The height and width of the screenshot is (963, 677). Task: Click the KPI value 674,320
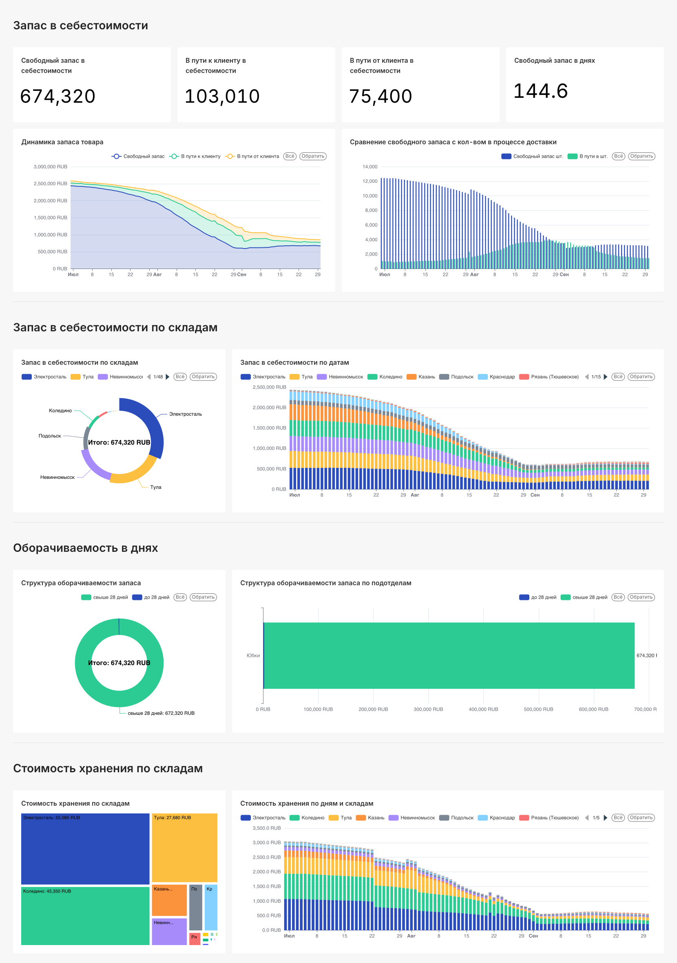pos(58,97)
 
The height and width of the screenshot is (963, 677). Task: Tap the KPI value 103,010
pos(222,97)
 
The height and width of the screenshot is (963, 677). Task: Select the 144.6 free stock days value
pos(541,91)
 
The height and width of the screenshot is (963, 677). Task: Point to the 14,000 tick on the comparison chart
pos(370,167)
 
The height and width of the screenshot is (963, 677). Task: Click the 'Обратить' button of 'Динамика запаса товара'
pos(313,156)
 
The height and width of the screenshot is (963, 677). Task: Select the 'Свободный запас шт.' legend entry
pos(533,156)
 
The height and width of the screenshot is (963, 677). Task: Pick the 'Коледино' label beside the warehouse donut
pos(60,411)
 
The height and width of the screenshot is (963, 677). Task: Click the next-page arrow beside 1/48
pos(168,377)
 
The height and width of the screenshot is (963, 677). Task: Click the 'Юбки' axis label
pos(253,656)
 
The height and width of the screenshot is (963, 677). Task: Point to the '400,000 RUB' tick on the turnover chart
pos(483,709)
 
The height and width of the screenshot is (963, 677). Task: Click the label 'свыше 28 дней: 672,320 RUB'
pos(161,713)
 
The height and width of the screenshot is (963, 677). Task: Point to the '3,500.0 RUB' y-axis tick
pos(267,828)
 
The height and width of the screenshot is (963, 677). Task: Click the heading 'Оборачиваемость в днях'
pos(85,548)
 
